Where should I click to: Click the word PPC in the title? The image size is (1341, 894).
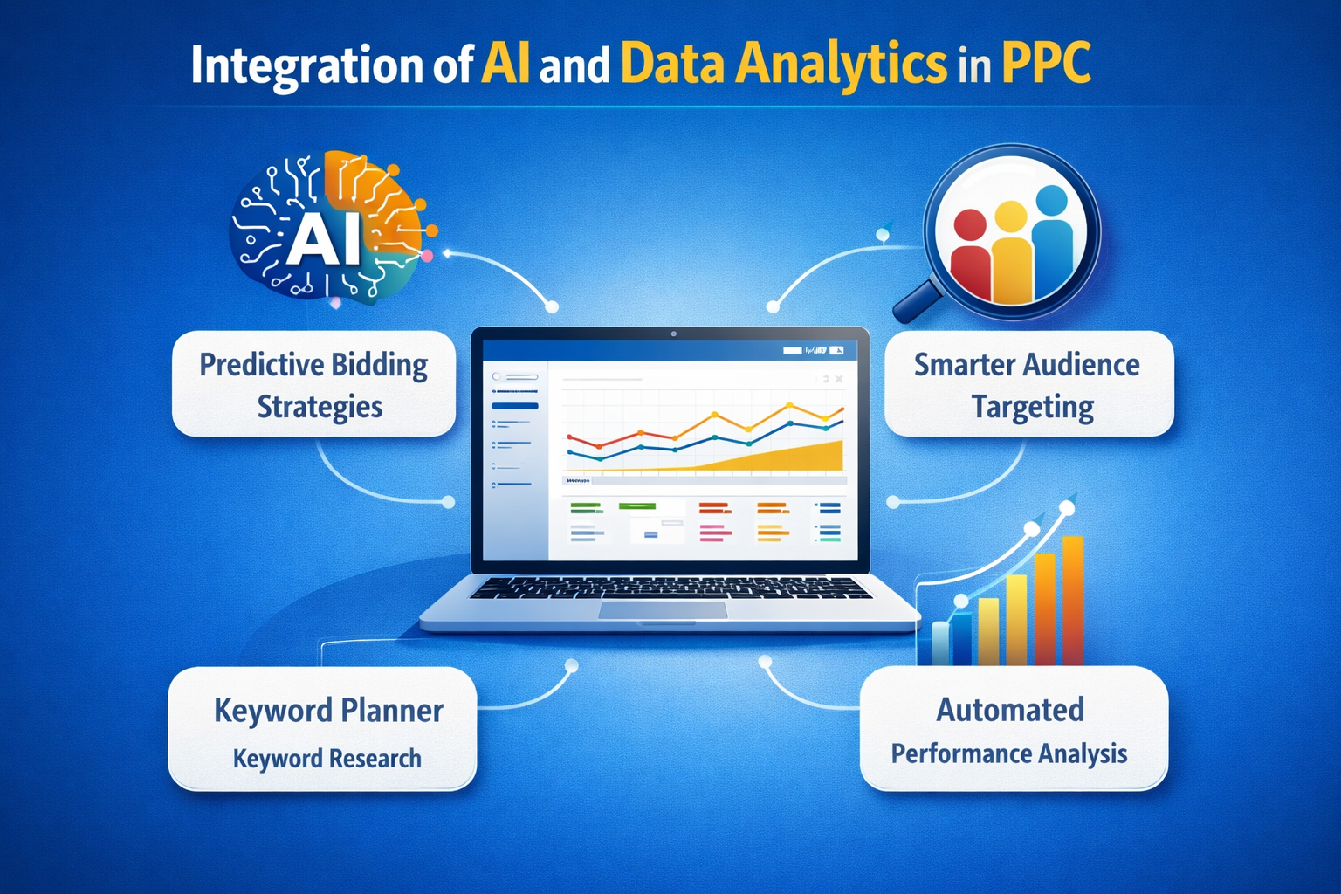tap(1046, 65)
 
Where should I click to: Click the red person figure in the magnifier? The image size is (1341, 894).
tap(970, 258)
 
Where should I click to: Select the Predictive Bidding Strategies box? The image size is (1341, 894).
tap(314, 384)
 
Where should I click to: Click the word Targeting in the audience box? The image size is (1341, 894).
tap(1033, 408)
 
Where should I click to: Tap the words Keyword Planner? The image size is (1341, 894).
tap(328, 710)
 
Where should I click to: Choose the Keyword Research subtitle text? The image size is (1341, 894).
tap(327, 759)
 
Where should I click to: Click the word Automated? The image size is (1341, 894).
tap(1010, 709)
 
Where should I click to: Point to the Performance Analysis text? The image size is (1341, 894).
tap(1009, 753)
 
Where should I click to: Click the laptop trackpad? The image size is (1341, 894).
tap(663, 609)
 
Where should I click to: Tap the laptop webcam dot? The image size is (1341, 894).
tap(673, 334)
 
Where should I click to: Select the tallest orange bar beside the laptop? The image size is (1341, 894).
tap(1072, 602)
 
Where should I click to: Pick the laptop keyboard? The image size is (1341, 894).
tap(670, 587)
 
